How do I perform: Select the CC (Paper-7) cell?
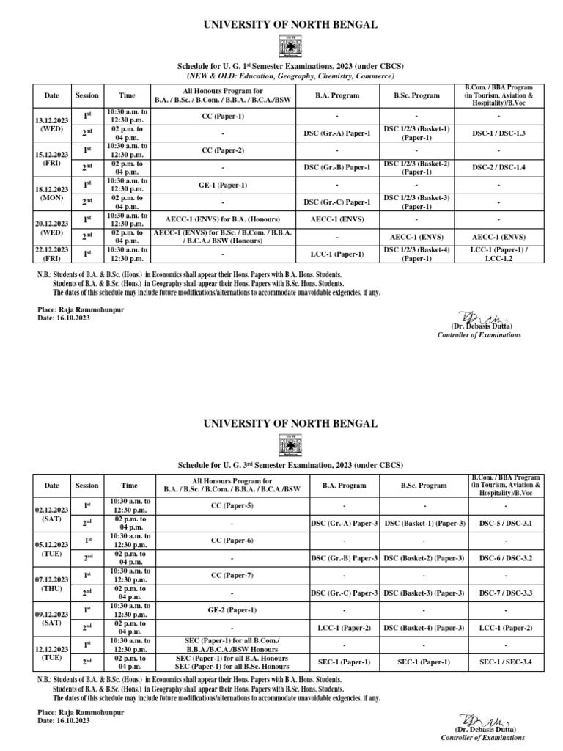(232, 574)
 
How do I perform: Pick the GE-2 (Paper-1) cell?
(232, 609)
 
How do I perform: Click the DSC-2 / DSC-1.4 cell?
(498, 167)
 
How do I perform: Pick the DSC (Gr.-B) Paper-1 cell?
(336, 167)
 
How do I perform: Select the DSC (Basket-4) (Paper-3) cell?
(424, 627)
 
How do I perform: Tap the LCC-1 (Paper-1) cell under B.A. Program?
(336, 254)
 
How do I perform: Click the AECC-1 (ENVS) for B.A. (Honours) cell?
(222, 219)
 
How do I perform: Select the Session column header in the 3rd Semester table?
(87, 486)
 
